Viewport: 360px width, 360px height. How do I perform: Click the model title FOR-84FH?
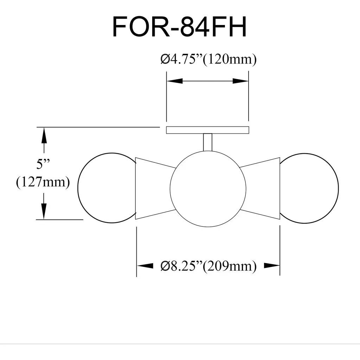click(x=179, y=27)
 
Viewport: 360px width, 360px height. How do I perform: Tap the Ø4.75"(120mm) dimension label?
click(x=208, y=59)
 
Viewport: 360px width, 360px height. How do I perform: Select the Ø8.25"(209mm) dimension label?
click(x=208, y=266)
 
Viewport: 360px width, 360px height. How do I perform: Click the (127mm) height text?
click(x=43, y=182)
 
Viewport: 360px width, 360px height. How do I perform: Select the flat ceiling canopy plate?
click(x=207, y=130)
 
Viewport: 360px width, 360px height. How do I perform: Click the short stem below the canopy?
click(x=207, y=142)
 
